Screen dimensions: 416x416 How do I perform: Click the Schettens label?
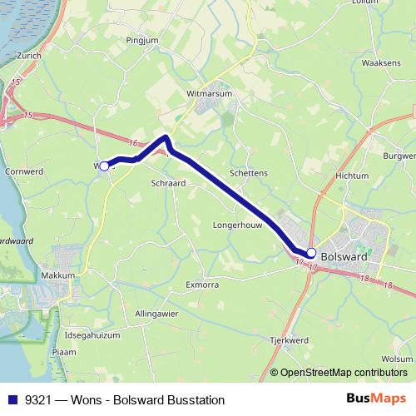250,172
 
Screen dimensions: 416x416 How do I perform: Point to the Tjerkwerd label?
290,340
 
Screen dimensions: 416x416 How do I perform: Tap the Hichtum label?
352,176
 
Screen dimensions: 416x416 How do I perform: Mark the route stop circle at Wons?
104,166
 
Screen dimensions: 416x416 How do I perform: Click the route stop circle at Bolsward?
311,253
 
